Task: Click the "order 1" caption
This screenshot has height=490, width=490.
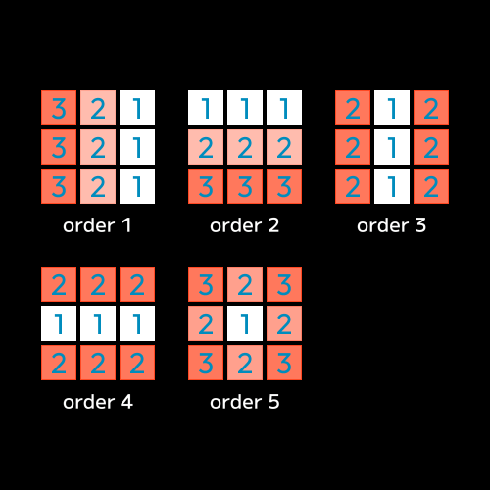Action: coord(97,225)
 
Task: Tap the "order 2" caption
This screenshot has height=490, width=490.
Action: coord(245,225)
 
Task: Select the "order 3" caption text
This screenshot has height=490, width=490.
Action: coord(392,225)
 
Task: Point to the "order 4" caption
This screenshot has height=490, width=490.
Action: coord(98,402)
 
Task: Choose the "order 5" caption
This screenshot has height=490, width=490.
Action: coord(245,402)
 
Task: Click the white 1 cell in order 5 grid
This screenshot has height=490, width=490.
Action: coord(245,323)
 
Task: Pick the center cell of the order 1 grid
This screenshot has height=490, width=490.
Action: coord(98,147)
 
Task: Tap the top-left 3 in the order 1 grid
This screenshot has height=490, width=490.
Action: coord(59,108)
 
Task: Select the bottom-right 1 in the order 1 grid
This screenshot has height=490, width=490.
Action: coord(137,186)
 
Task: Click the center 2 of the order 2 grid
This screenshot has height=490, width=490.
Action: coord(245,147)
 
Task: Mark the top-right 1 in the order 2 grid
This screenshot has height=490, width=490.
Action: coord(284,108)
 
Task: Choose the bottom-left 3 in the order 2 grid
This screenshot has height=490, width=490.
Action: coord(206,186)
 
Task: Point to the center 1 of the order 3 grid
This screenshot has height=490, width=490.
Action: coord(392,147)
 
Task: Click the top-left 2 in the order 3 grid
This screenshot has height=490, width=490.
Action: coord(353,108)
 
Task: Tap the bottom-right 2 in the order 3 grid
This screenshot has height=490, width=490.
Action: coord(431,186)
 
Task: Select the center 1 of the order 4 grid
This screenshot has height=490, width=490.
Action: coord(98,323)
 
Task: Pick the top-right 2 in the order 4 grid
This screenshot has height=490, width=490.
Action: coord(137,284)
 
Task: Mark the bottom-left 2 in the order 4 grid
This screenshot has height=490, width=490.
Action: coord(59,363)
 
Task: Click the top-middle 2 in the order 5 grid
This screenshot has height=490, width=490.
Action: coord(245,284)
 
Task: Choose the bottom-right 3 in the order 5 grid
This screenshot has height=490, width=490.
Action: coord(284,363)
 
